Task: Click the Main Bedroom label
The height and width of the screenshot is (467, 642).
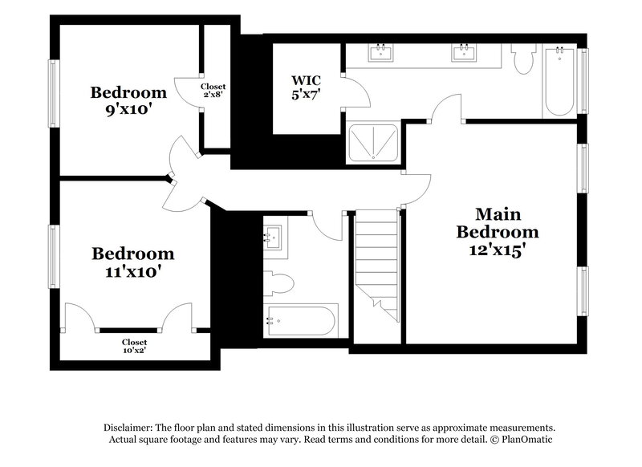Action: (x=498, y=223)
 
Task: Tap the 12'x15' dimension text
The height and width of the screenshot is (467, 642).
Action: (x=498, y=250)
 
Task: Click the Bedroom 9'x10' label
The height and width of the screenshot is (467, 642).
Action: (x=128, y=100)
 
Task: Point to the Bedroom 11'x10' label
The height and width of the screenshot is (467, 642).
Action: (x=132, y=262)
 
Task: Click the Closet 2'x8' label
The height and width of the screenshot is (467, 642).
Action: (x=213, y=90)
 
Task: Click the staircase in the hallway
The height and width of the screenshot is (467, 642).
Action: (x=376, y=261)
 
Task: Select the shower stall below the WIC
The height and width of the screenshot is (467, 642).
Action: (x=372, y=142)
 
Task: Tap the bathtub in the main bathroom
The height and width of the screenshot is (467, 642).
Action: (x=559, y=82)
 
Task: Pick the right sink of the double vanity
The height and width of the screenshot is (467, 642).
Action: (x=463, y=53)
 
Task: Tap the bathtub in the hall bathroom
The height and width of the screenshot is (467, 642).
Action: (x=301, y=320)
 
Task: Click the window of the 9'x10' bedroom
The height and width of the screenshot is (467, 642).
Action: (x=54, y=93)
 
